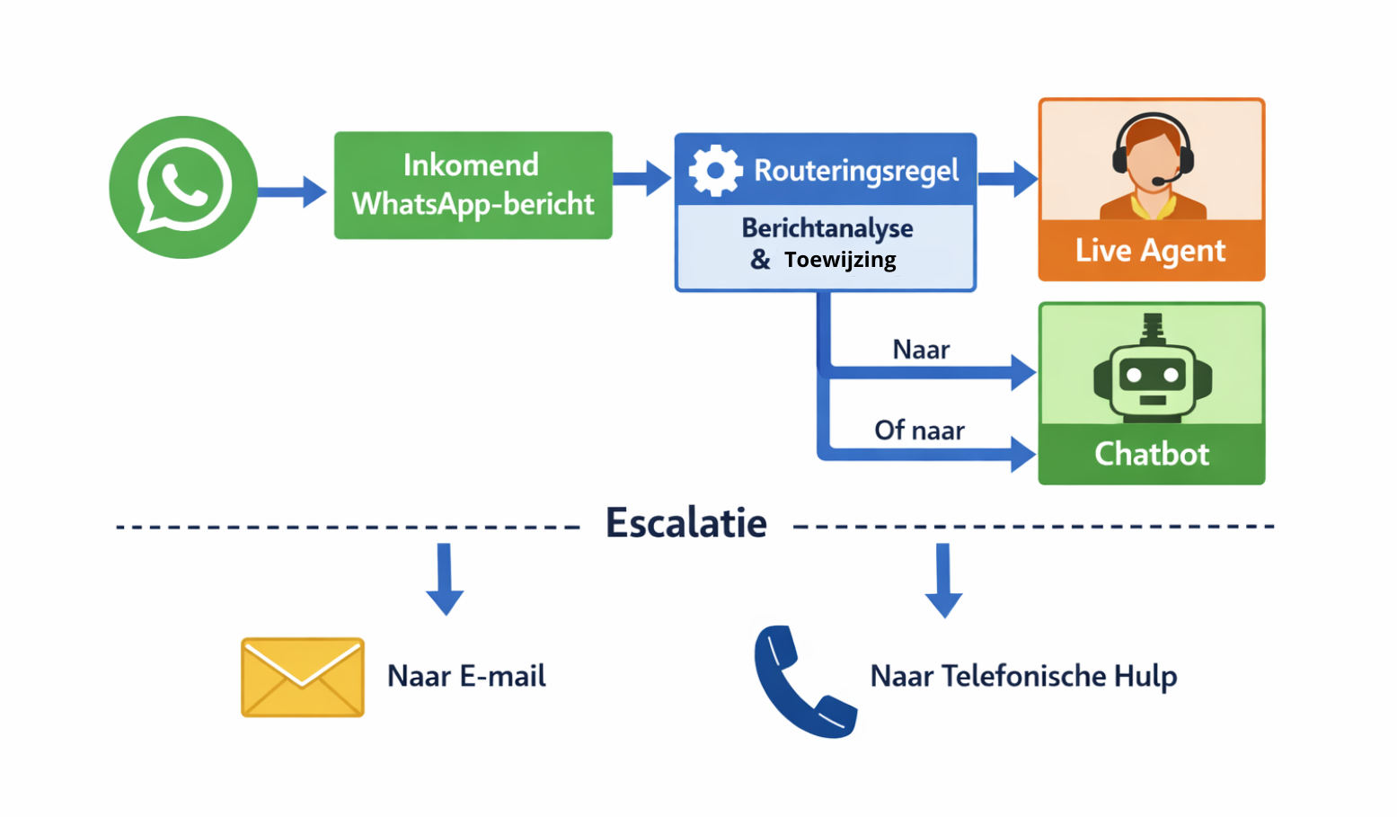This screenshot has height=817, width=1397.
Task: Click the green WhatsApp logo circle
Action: point(183,187)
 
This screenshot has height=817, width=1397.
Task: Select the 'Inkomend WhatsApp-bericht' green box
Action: point(473,185)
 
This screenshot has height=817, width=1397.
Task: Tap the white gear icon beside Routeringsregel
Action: point(715,170)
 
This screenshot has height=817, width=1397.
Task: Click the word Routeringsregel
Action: point(856,170)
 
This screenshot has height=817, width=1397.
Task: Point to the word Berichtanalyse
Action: point(827,228)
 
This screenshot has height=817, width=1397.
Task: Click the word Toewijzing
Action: point(840,260)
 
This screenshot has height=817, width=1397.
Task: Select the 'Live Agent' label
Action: point(1150,251)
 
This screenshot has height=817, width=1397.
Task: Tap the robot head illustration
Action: point(1152,377)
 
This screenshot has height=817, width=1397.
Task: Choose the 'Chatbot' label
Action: point(1152,454)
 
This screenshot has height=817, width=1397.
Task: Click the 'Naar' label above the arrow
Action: point(921,350)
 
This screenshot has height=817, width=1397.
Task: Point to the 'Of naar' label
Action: point(919,431)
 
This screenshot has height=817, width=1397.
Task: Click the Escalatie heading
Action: point(686,523)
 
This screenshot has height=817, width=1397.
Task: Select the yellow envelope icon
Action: point(303,677)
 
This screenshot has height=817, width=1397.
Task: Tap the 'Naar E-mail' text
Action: point(466,676)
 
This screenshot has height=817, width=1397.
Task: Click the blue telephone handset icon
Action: point(802,683)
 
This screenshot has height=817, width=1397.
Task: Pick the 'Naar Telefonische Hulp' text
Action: point(1023,676)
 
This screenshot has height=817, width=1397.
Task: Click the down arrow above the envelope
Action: point(445,579)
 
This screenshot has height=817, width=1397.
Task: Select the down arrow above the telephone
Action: point(943,581)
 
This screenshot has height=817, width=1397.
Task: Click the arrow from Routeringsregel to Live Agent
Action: point(1008,179)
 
